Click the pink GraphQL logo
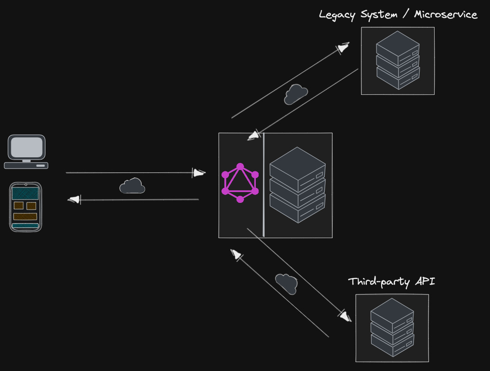[240, 183]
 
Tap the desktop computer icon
[26, 152]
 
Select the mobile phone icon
[25, 207]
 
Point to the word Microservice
[445, 15]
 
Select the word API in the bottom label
[425, 282]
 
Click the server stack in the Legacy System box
[398, 60]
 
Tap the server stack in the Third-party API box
[392, 327]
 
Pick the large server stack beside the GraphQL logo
[298, 185]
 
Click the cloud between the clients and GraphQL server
[132, 186]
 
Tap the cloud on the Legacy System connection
[296, 93]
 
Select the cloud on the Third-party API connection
[286, 283]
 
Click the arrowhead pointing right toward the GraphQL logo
[199, 173]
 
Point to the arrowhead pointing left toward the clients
[74, 200]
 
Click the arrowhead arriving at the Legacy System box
[344, 47]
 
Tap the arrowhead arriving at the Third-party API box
[345, 316]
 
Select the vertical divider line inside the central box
[264, 185]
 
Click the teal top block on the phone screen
[25, 193]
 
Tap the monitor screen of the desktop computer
[26, 147]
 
